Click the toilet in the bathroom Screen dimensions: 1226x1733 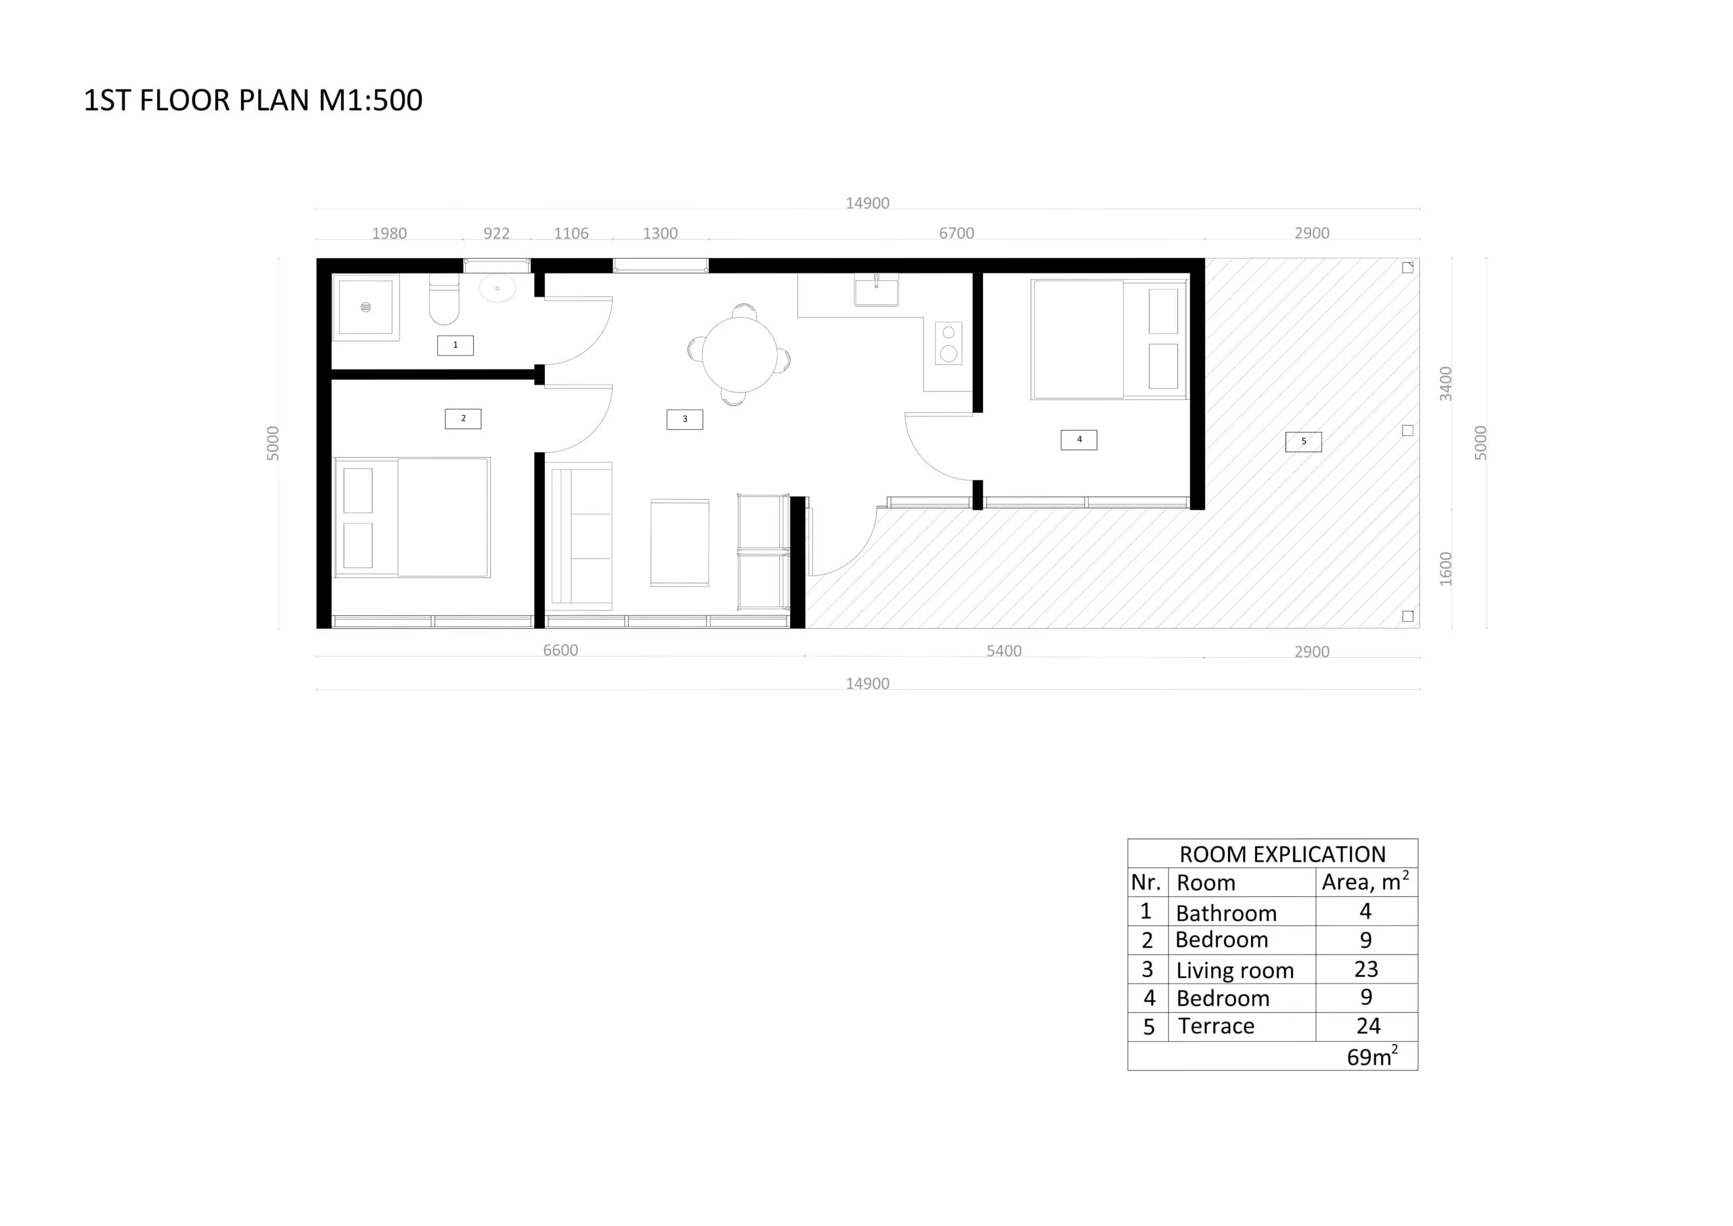click(x=444, y=301)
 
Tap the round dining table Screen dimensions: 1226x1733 click(x=739, y=354)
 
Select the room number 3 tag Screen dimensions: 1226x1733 click(x=684, y=419)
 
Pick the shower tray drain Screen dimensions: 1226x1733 click(x=366, y=307)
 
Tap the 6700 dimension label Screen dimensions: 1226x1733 click(x=957, y=234)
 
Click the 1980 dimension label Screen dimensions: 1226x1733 click(x=389, y=234)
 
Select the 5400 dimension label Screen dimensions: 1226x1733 click(x=1004, y=651)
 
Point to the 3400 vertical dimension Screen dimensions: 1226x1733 click(x=1445, y=383)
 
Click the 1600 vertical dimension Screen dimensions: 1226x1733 click(x=1445, y=569)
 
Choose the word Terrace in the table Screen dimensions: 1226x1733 click(x=1216, y=1026)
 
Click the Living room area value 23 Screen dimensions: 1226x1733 click(x=1365, y=969)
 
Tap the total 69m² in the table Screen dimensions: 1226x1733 click(x=1372, y=1056)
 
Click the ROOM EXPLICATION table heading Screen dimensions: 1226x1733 click(x=1281, y=854)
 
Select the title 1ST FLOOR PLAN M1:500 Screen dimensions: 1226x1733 click(x=253, y=100)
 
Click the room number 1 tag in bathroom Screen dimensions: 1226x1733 click(x=455, y=345)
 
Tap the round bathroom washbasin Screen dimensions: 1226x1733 click(x=498, y=288)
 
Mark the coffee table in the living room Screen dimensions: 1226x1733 click(x=679, y=542)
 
